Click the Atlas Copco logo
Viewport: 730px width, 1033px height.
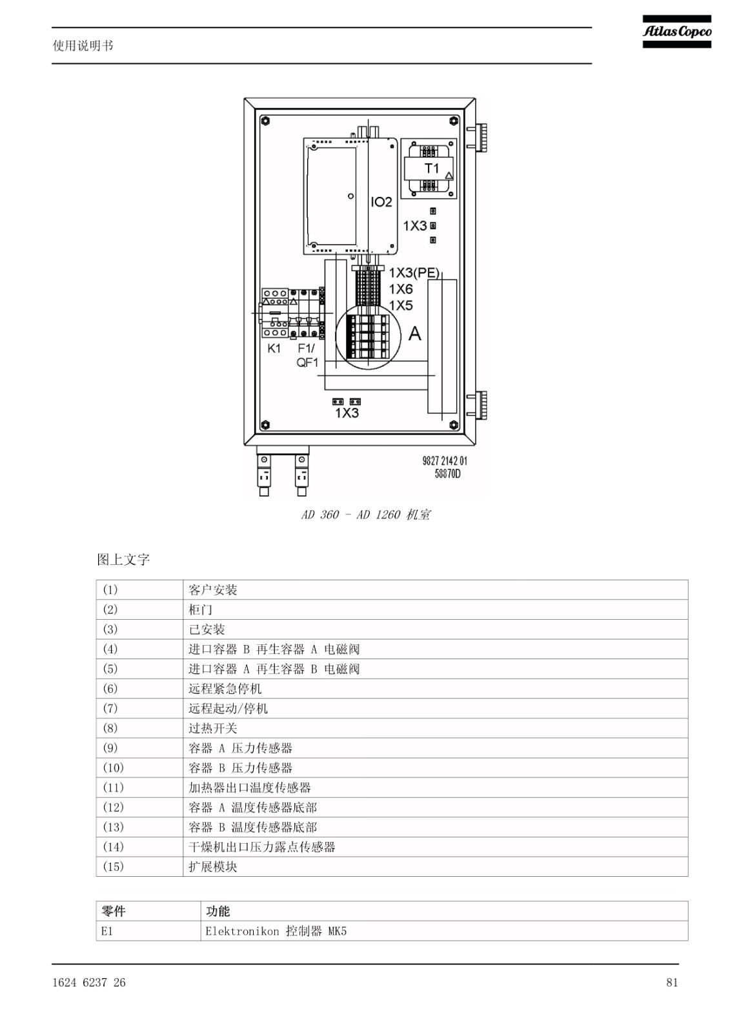(x=676, y=32)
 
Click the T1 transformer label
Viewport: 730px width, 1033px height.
(x=432, y=169)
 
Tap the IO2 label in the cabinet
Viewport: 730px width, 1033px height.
(x=381, y=202)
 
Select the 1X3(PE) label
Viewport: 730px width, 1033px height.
(x=414, y=273)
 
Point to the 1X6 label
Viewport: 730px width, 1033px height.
(x=401, y=289)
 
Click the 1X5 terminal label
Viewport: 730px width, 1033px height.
(x=401, y=305)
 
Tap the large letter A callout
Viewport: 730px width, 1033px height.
(x=415, y=333)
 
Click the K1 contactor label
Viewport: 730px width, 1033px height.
(x=274, y=348)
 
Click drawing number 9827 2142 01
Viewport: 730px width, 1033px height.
(x=445, y=461)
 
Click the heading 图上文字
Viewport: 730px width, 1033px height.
(x=123, y=560)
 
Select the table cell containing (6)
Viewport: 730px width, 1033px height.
(x=139, y=688)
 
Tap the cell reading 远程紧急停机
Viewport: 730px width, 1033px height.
(x=435, y=688)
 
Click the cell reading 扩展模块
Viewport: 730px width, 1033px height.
(x=435, y=866)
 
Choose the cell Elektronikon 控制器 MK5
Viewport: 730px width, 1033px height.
(x=445, y=931)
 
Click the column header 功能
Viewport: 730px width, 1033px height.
(x=445, y=911)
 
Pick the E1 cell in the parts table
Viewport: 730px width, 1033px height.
(x=148, y=931)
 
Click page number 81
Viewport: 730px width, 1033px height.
(x=672, y=983)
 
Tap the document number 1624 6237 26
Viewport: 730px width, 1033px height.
(x=89, y=983)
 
